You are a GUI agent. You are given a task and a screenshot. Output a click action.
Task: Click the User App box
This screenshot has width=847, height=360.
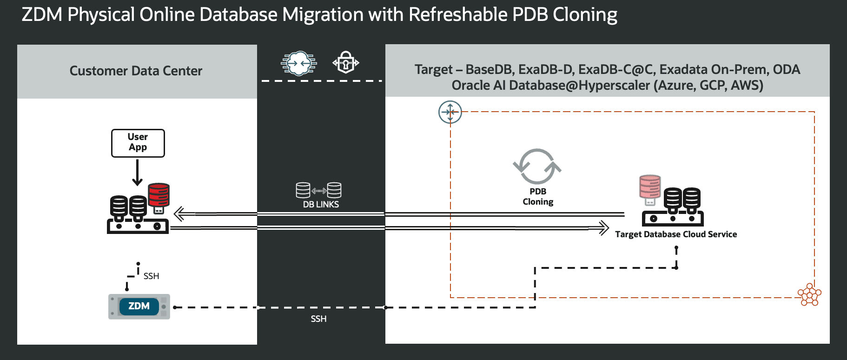coord(138,143)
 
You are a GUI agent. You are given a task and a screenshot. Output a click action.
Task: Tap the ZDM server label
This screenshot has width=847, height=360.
coord(139,306)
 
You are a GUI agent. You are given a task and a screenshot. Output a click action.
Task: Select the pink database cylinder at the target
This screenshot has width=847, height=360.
coord(650,187)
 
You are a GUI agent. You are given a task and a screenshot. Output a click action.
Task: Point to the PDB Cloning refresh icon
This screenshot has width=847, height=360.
coord(537,167)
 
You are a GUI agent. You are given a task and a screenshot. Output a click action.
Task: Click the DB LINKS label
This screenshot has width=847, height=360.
coord(321,205)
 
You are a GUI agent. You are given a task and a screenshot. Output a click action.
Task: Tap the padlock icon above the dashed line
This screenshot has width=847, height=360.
coord(346,62)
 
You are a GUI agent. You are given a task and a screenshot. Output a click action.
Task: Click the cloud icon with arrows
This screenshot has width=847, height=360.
coord(299,63)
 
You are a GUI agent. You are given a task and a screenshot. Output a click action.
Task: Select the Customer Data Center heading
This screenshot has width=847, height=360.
coord(136,71)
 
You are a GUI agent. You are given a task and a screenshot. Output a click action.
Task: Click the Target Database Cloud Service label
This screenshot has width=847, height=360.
coord(676,234)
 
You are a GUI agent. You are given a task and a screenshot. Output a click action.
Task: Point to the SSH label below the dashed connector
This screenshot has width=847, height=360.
coord(318,319)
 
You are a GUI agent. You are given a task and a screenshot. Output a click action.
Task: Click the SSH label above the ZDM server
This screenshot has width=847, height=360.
coord(151,276)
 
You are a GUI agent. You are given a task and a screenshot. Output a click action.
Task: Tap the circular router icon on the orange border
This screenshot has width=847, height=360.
coord(450,112)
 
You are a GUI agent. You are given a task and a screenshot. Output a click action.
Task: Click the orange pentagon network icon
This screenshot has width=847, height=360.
coord(810,295)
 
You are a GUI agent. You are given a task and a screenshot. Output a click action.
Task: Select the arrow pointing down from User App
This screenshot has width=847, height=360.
coord(137,173)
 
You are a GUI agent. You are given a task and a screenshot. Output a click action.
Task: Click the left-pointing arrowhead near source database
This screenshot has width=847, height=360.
coord(179,214)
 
